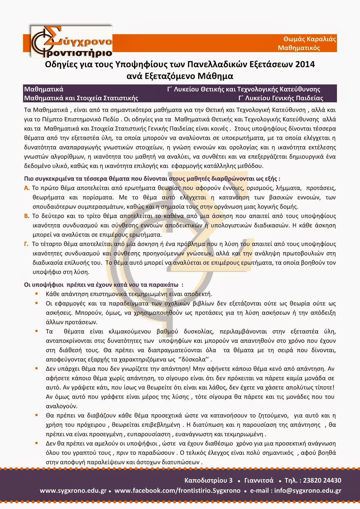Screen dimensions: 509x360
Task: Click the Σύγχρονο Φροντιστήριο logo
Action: click(x=71, y=42)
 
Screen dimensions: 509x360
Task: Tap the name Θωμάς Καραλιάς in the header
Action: click(x=310, y=39)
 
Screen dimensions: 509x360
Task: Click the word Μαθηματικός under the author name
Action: click(x=299, y=48)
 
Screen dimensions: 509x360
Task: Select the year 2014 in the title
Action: click(x=305, y=65)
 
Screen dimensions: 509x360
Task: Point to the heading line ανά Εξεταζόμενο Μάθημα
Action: click(x=180, y=76)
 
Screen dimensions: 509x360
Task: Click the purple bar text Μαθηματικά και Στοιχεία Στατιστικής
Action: click(x=81, y=98)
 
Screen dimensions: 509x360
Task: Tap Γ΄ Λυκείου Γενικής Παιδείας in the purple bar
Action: click(x=281, y=98)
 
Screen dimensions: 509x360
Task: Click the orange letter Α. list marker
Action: click(x=27, y=188)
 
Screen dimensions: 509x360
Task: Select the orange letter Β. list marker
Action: click(x=27, y=216)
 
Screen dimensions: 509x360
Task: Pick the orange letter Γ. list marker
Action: click(x=26, y=244)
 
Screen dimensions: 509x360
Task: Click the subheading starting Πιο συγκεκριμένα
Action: click(x=152, y=179)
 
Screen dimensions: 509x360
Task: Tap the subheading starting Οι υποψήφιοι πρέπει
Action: click(x=104, y=285)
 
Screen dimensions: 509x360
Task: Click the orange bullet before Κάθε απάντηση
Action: click(x=37, y=294)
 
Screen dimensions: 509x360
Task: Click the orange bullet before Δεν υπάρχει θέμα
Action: click(x=37, y=368)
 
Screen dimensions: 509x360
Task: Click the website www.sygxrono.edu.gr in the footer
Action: click(x=73, y=491)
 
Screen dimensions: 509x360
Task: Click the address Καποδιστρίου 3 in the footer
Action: click(x=208, y=480)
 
